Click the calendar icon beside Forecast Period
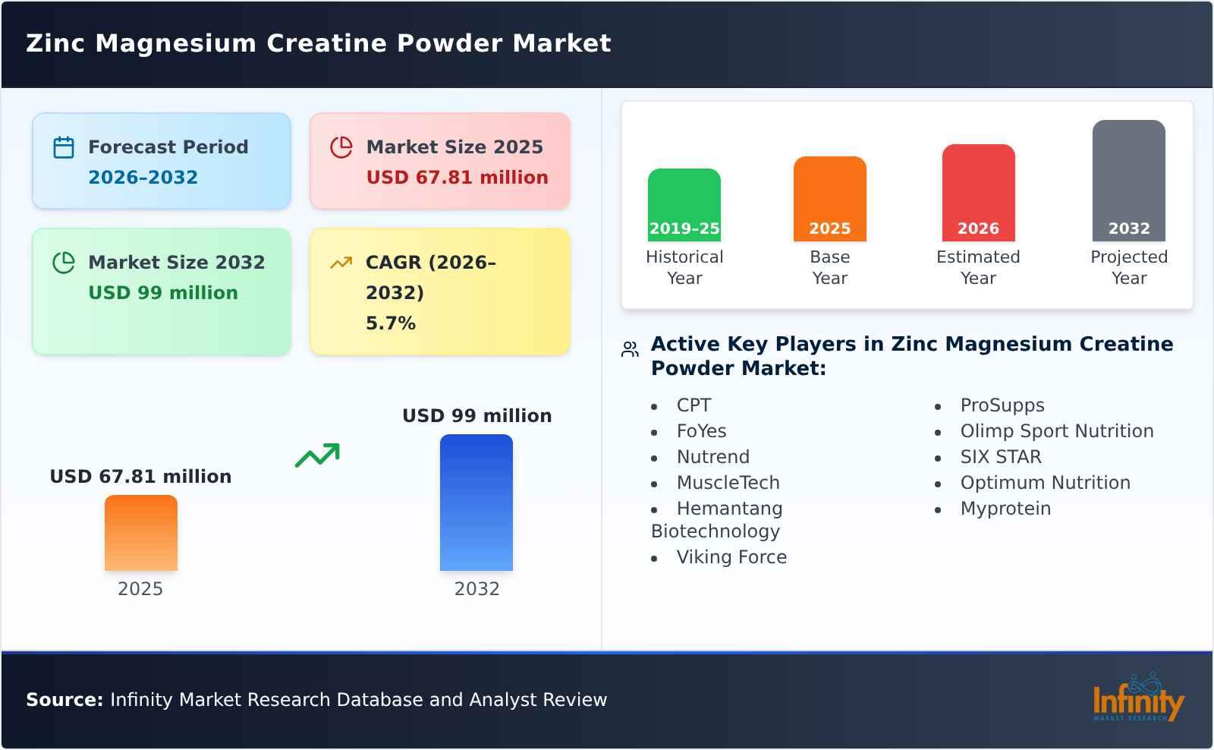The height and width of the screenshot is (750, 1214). pyautogui.click(x=64, y=147)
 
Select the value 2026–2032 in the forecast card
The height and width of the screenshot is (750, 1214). pyautogui.click(x=143, y=178)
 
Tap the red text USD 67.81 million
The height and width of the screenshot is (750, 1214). pyautogui.click(x=457, y=178)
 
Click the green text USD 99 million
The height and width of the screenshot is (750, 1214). pyautogui.click(x=163, y=293)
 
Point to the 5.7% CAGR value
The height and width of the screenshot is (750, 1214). pyautogui.click(x=390, y=323)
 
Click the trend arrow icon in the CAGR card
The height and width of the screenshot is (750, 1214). pyautogui.click(x=341, y=263)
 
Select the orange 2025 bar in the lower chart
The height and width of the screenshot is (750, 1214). pyautogui.click(x=141, y=533)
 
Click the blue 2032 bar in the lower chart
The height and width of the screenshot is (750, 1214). pyautogui.click(x=476, y=503)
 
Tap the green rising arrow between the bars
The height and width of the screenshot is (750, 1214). pyautogui.click(x=317, y=455)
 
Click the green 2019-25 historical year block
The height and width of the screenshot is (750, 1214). pyautogui.click(x=684, y=205)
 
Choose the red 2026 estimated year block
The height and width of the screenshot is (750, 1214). pyautogui.click(x=978, y=193)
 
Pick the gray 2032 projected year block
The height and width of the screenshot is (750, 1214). pyautogui.click(x=1128, y=181)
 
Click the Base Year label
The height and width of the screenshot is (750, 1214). pyautogui.click(x=829, y=267)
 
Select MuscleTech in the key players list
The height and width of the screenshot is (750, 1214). pyautogui.click(x=728, y=483)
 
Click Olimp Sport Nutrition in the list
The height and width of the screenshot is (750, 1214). pyautogui.click(x=1056, y=431)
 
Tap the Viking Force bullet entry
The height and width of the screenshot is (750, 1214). pyautogui.click(x=731, y=557)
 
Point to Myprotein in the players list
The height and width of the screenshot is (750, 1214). pyautogui.click(x=1005, y=509)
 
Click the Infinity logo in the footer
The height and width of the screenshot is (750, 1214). pyautogui.click(x=1137, y=699)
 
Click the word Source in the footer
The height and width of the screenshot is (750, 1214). pyautogui.click(x=64, y=700)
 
